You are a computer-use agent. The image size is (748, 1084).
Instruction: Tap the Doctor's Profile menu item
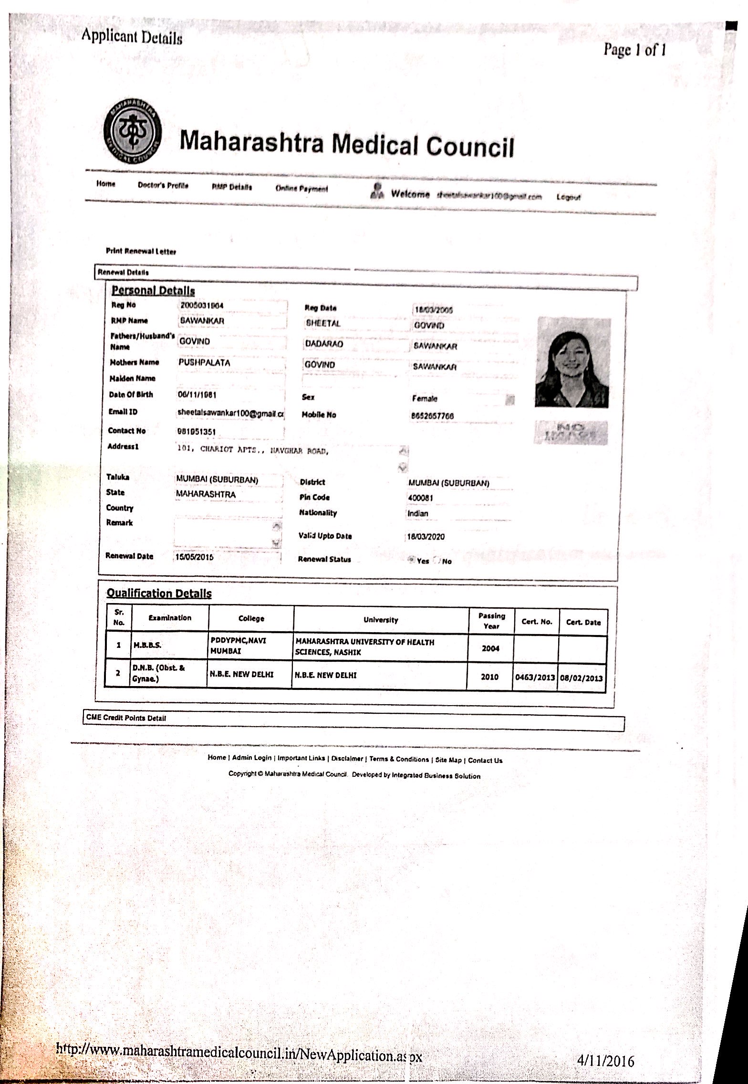pyautogui.click(x=163, y=185)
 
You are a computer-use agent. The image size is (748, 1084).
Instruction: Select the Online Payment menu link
pyautogui.click(x=301, y=188)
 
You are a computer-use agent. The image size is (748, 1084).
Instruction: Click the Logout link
pyautogui.click(x=568, y=197)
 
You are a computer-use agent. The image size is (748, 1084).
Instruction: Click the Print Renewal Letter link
pyautogui.click(x=141, y=251)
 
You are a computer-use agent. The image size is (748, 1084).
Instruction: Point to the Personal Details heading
pyautogui.click(x=153, y=290)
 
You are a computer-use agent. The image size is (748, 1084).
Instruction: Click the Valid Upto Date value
pyautogui.click(x=425, y=537)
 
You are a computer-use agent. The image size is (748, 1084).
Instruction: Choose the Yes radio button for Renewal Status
pyautogui.click(x=411, y=560)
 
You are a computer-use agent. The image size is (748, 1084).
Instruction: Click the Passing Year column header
pyautogui.click(x=491, y=621)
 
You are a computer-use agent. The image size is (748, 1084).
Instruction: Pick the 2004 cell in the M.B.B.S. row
pyautogui.click(x=490, y=648)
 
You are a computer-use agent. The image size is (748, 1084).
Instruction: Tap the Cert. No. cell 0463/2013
pyautogui.click(x=535, y=677)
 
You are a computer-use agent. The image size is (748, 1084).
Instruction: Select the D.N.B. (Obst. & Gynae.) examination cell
pyautogui.click(x=168, y=673)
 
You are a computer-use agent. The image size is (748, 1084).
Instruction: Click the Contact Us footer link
pyautogui.click(x=485, y=760)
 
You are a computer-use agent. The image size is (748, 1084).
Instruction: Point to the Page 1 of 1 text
pyautogui.click(x=634, y=50)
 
